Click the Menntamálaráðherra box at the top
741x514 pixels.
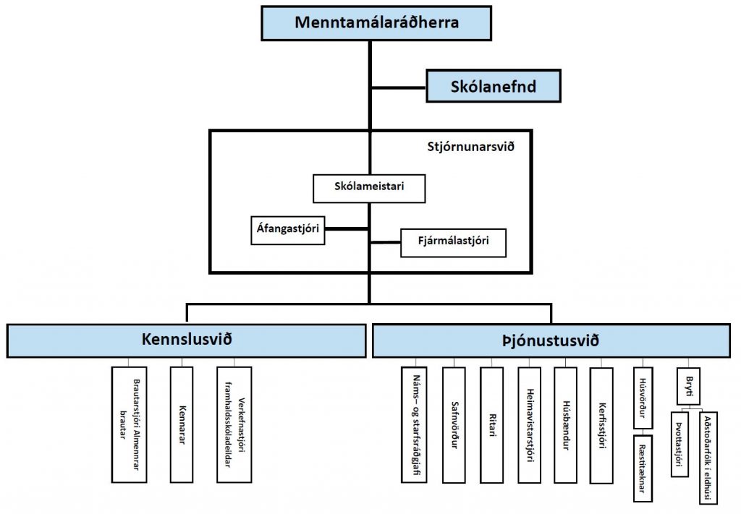pos(376,22)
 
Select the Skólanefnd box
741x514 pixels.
pos(493,87)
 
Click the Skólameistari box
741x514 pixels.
pos(369,188)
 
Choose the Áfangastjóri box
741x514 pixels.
pos(287,229)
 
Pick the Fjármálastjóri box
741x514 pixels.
pos(453,243)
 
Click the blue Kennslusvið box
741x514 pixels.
pos(187,340)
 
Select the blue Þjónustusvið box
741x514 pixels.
pos(551,340)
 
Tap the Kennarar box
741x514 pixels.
pos(181,424)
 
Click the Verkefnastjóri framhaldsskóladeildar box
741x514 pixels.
pos(234,424)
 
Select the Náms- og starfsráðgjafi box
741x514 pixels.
pos(415,424)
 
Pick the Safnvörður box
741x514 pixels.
pos(453,424)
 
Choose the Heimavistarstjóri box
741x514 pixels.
pos(529,424)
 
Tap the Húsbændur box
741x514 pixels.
pos(565,424)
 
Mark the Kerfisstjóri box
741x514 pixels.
pos(601,424)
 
